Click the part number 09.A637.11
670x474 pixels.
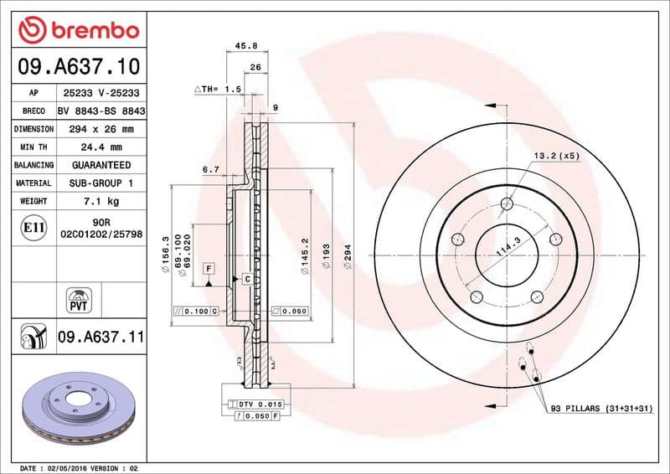point(101,337)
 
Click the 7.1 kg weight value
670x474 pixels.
point(100,201)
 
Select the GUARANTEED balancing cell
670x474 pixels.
point(100,165)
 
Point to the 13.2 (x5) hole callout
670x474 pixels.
point(556,156)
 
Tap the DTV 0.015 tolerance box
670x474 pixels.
point(256,404)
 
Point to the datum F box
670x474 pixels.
point(209,268)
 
